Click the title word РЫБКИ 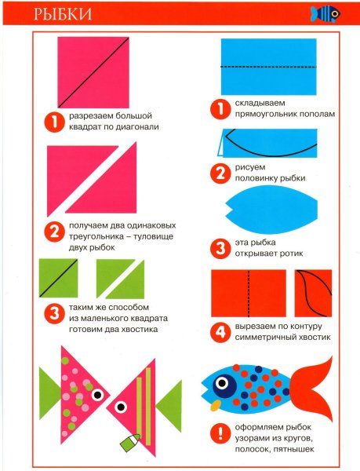(63, 14)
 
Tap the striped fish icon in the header (325, 13)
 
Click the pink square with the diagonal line (93, 72)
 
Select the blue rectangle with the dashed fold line (269, 67)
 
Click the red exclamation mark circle (220, 433)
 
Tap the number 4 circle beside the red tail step (220, 332)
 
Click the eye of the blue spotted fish (222, 383)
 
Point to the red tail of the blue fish (312, 388)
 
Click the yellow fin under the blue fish (216, 405)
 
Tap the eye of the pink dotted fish (98, 394)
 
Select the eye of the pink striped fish (121, 407)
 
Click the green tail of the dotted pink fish (50, 393)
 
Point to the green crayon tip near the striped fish (130, 442)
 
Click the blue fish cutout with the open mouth (271, 210)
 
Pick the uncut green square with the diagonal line (59, 278)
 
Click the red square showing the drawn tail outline (313, 293)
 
